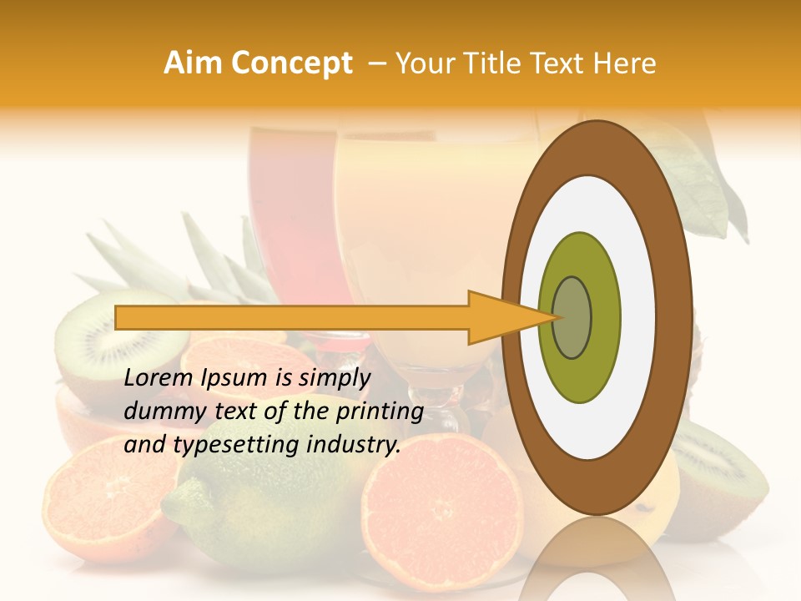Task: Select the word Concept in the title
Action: tap(291, 63)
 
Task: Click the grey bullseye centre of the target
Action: tap(572, 317)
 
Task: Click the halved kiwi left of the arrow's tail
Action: tap(92, 338)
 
